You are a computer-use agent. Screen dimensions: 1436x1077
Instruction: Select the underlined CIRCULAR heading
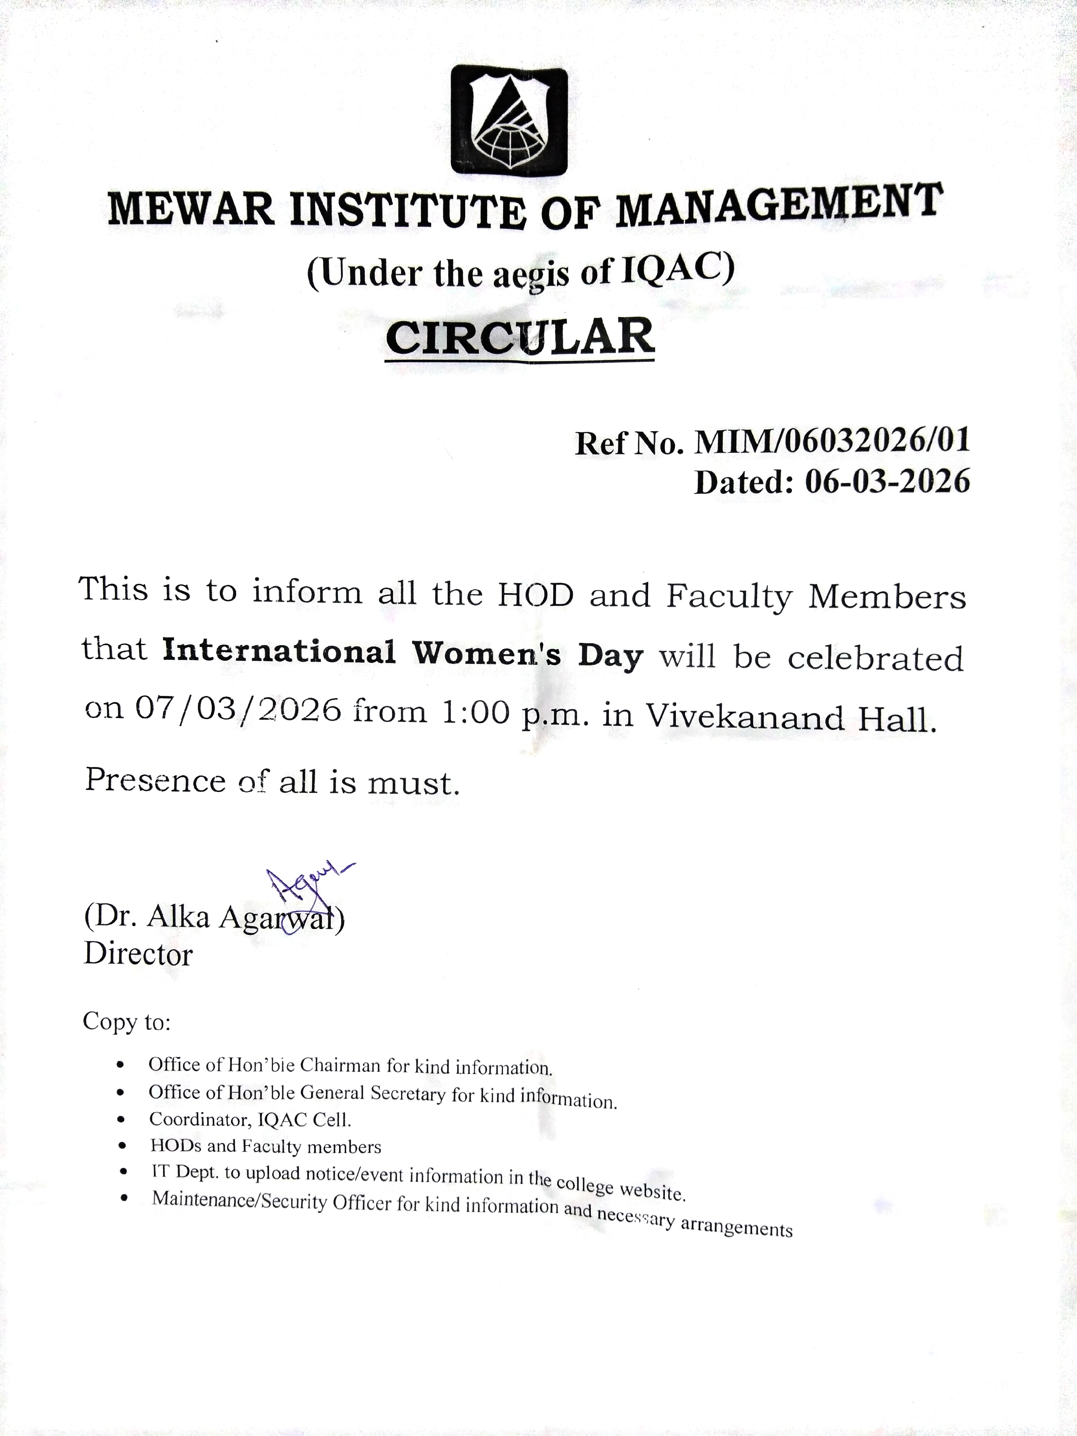point(520,337)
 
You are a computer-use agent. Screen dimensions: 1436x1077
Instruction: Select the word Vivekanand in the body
point(744,717)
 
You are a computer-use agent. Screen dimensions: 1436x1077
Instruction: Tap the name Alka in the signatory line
point(178,917)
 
